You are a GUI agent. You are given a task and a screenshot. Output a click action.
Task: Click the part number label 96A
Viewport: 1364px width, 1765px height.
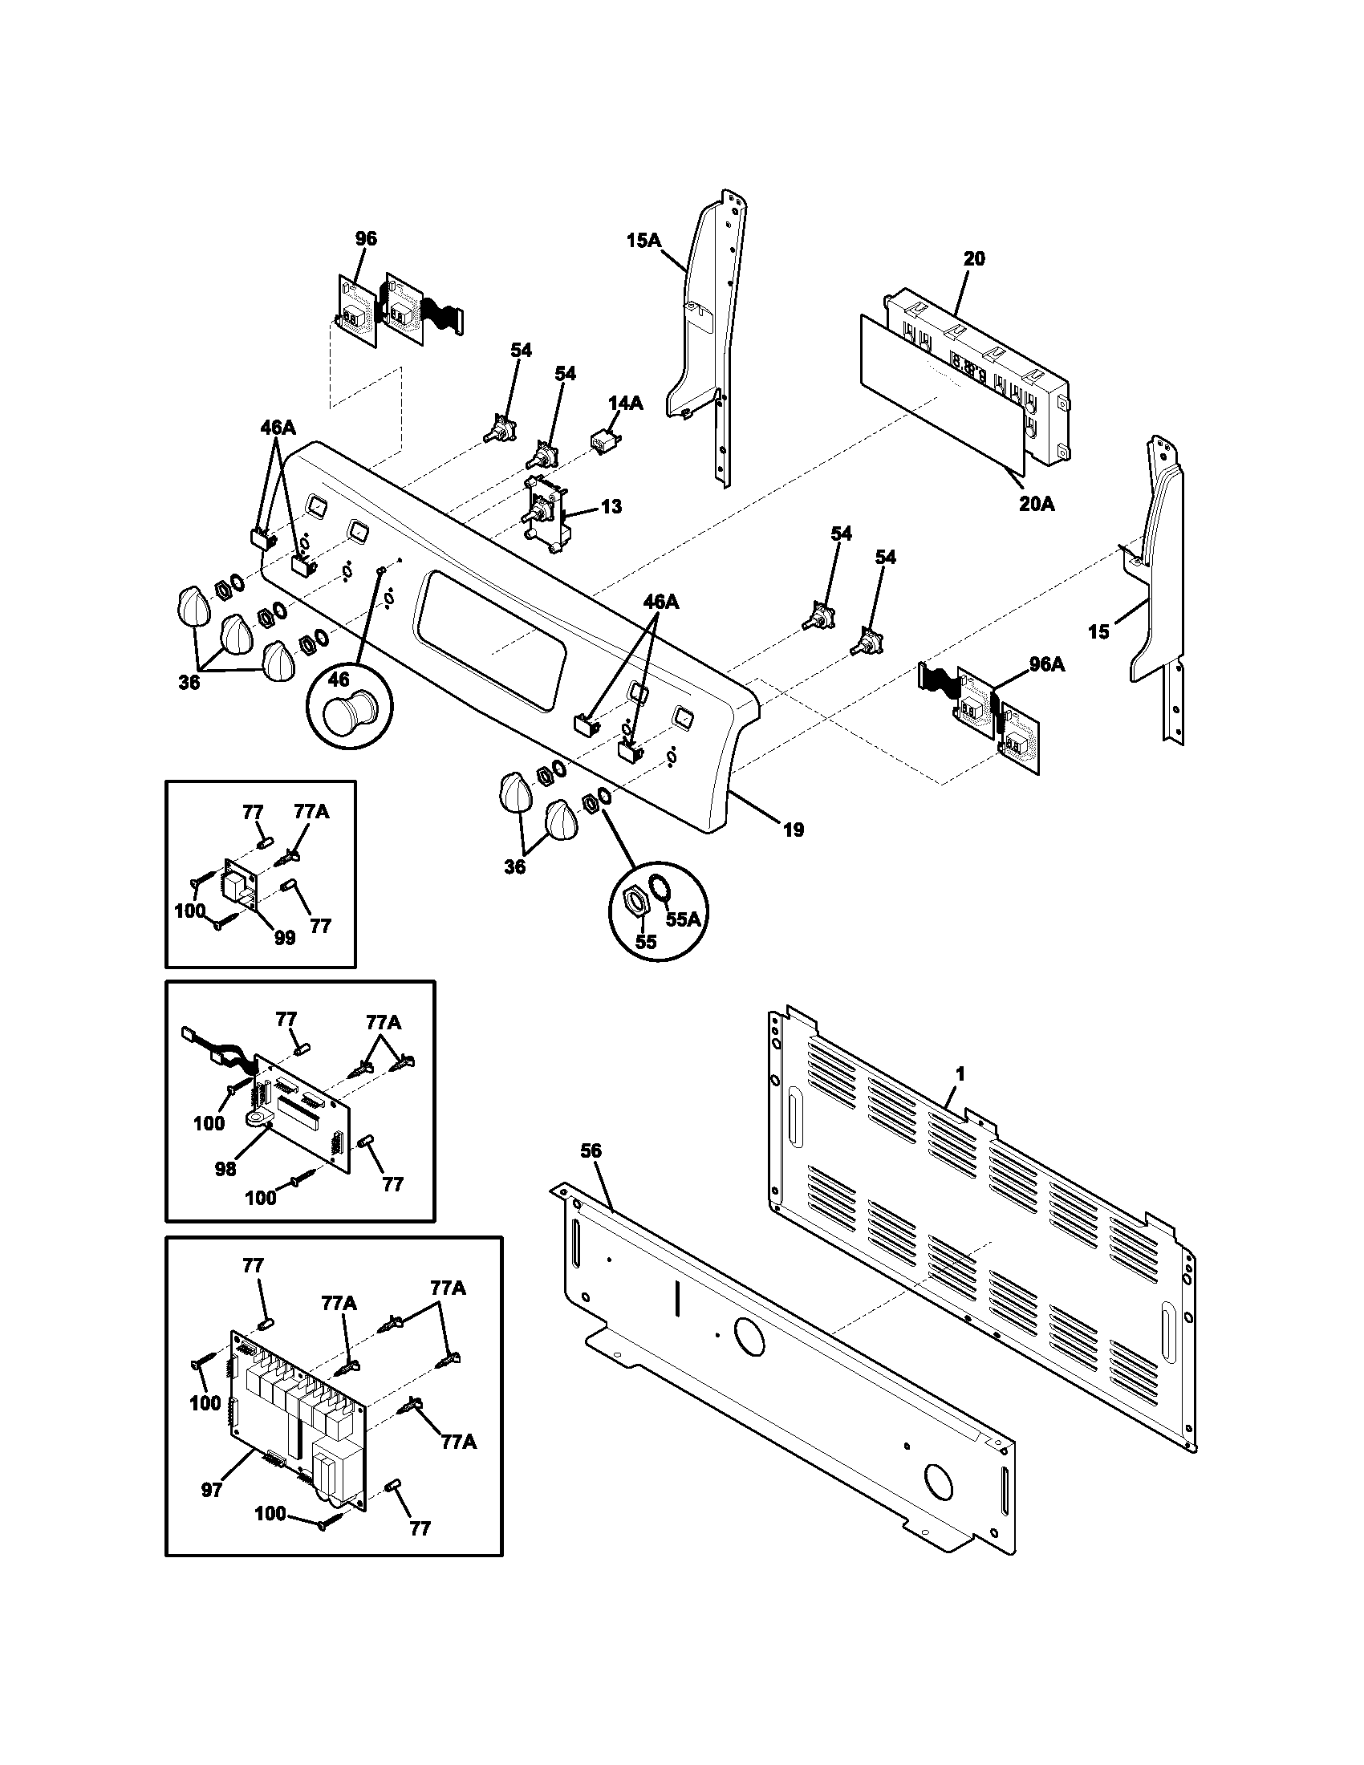(1046, 664)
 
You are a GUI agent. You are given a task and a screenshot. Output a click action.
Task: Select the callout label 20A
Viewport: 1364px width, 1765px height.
(1037, 505)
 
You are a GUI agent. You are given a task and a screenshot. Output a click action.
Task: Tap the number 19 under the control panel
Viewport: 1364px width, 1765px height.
(794, 830)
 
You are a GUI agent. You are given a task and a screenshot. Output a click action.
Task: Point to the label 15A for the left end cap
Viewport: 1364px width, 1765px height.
(643, 240)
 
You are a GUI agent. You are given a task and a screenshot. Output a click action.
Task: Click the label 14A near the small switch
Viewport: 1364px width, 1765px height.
(626, 404)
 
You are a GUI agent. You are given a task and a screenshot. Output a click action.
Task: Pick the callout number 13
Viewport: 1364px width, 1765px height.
(611, 507)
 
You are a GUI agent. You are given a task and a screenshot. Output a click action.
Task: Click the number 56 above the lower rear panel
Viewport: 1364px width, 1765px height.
(591, 1150)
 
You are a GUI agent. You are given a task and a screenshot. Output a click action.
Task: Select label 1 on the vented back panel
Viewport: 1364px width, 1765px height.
(960, 1074)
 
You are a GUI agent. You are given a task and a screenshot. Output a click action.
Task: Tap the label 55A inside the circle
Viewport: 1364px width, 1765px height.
(683, 919)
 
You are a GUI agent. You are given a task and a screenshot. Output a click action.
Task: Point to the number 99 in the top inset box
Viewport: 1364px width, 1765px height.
(285, 939)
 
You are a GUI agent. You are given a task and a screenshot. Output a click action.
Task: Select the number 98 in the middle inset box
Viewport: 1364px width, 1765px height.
(225, 1169)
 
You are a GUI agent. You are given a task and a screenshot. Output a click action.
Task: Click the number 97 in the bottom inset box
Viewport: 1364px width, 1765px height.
(212, 1491)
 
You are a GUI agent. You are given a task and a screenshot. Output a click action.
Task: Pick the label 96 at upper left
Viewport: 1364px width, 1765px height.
(366, 238)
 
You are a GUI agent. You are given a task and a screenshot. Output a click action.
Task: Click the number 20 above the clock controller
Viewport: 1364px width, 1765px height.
(975, 258)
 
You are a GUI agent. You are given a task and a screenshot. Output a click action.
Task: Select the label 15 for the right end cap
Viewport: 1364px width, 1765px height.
(1098, 632)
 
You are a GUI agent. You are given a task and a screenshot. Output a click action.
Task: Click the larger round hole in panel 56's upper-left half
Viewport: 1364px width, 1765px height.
(749, 1338)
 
